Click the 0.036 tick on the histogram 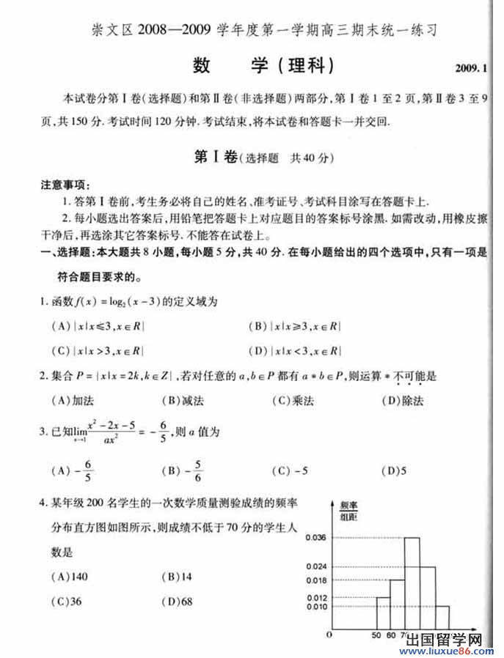pos(314,538)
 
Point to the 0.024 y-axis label pos(314,566)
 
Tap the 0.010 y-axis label pos(314,607)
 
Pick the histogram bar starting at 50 pos(382,614)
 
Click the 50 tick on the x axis pos(376,635)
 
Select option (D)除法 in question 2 pos(403,400)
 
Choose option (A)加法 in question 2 pos(73,400)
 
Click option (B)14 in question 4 pos(176,576)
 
